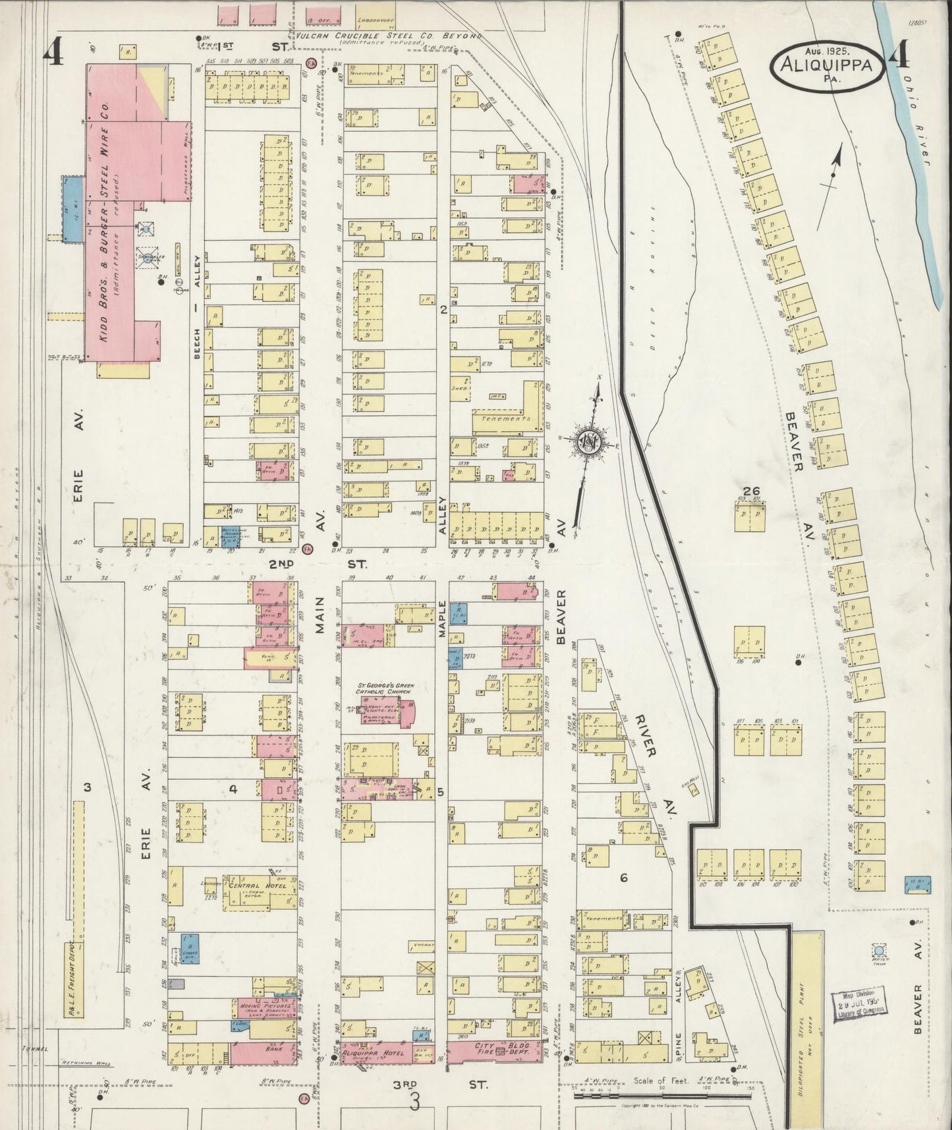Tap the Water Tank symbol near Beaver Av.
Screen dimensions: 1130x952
878,950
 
